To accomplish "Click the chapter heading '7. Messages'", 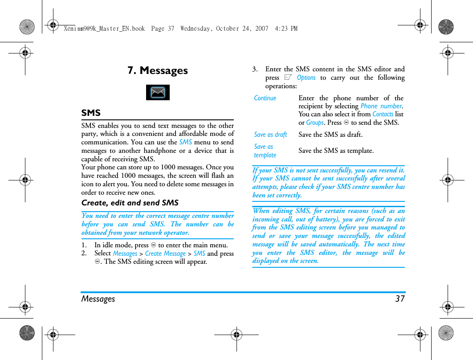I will pyautogui.click(x=158, y=70).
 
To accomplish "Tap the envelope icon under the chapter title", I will pyautogui.click(x=158, y=92).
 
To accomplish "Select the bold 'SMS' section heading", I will pyautogui.click(x=91, y=113).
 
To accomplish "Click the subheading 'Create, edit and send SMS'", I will pyautogui.click(x=130, y=203).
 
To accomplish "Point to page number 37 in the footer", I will pyautogui.click(x=400, y=299).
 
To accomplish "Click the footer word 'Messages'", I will pyautogui.click(x=98, y=299).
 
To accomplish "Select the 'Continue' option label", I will pyautogui.click(x=265, y=98).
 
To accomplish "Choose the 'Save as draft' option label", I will pyautogui.click(x=270, y=135).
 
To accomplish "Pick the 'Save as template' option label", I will pyautogui.click(x=265, y=151).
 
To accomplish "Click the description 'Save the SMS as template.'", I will pyautogui.click(x=336, y=151).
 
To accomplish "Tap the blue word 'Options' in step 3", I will pyautogui.click(x=306, y=78).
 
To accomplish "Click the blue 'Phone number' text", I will pyautogui.click(x=381, y=106).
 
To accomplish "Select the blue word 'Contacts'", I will pyautogui.click(x=383, y=114).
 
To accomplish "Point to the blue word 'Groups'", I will pyautogui.click(x=315, y=123).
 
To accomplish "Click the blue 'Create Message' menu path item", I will pyautogui.click(x=165, y=254).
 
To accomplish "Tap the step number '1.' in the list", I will pyautogui.click(x=84, y=245).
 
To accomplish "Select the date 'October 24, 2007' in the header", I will pyautogui.click(x=242, y=29).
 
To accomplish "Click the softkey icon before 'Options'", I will pyautogui.click(x=288, y=78).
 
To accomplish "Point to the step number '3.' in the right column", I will pyautogui.click(x=255, y=69).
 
